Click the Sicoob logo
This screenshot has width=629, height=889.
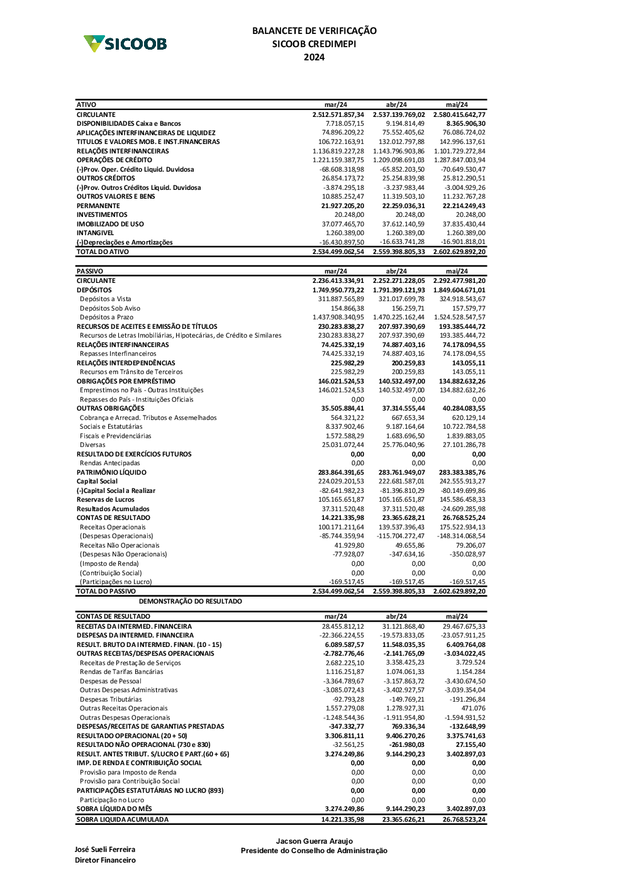[125, 43]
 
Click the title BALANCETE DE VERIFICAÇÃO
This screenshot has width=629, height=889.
[314, 31]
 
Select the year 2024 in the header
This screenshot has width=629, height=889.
[314, 57]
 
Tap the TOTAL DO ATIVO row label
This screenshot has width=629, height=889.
[103, 252]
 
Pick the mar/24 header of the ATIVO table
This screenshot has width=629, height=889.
[335, 105]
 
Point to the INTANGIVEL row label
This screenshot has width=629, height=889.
[95, 233]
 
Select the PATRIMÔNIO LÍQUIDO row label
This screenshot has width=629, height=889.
[111, 472]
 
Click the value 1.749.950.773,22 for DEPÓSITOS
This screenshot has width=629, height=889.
[338, 290]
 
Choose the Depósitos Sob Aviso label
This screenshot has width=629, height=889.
[110, 309]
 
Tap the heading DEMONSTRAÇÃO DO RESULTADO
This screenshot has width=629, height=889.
[190, 602]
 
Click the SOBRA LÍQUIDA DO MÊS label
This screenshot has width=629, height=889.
[114, 809]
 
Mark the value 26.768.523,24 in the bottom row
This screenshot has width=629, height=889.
[464, 820]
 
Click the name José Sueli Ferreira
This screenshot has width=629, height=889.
[104, 849]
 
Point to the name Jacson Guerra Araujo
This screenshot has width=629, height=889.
[314, 841]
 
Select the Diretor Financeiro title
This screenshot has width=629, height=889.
[105, 860]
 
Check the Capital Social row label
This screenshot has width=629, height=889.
[97, 482]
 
